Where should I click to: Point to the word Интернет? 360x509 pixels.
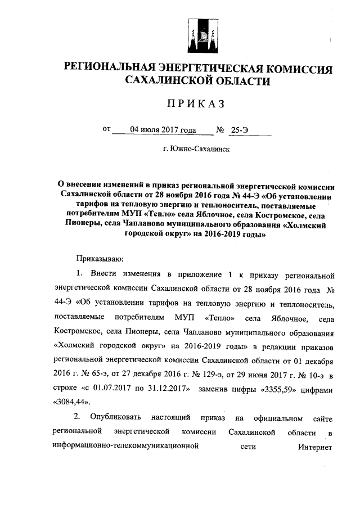317,448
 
